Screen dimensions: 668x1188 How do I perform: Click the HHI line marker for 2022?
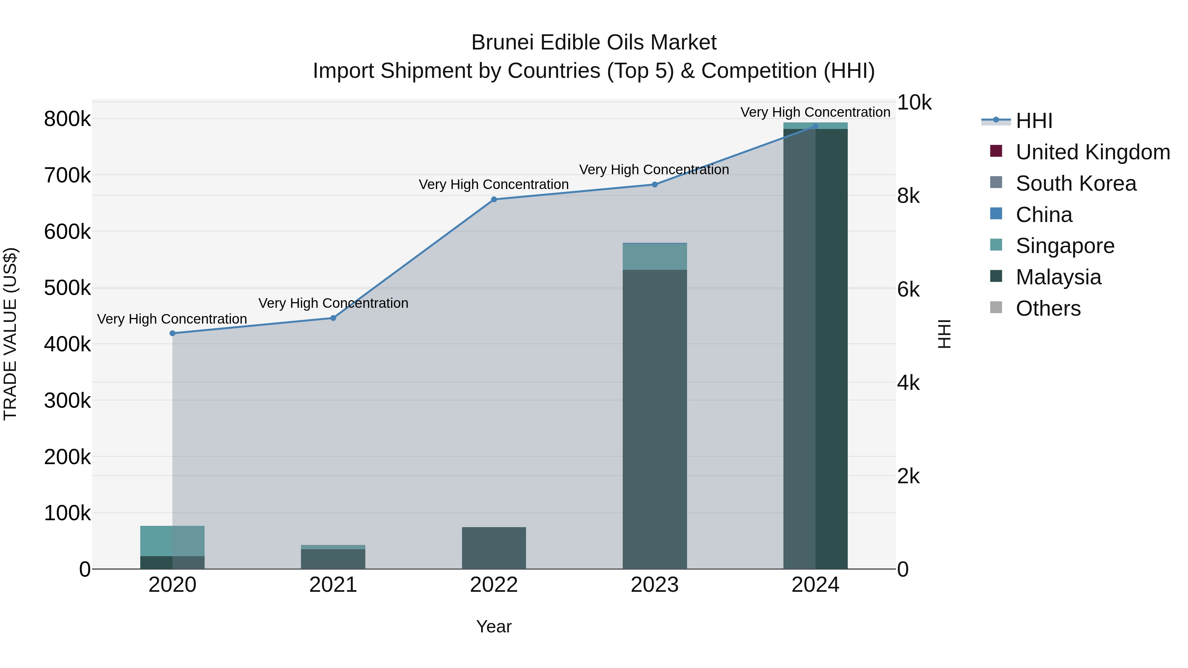click(x=494, y=200)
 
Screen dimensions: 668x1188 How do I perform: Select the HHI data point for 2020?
click(x=173, y=333)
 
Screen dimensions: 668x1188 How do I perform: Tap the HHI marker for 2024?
click(x=815, y=126)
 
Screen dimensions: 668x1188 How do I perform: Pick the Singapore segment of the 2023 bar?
click(x=654, y=257)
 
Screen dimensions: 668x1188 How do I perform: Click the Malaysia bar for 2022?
click(x=494, y=548)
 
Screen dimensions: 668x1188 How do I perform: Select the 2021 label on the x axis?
click(x=333, y=585)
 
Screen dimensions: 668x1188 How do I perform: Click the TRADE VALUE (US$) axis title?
click(x=11, y=334)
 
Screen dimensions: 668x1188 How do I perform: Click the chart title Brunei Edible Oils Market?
click(x=594, y=43)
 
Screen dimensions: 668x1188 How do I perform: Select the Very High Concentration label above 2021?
click(x=333, y=303)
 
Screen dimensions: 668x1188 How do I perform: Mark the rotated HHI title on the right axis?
click(x=944, y=334)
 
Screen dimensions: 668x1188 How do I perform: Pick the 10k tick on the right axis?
click(x=913, y=103)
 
